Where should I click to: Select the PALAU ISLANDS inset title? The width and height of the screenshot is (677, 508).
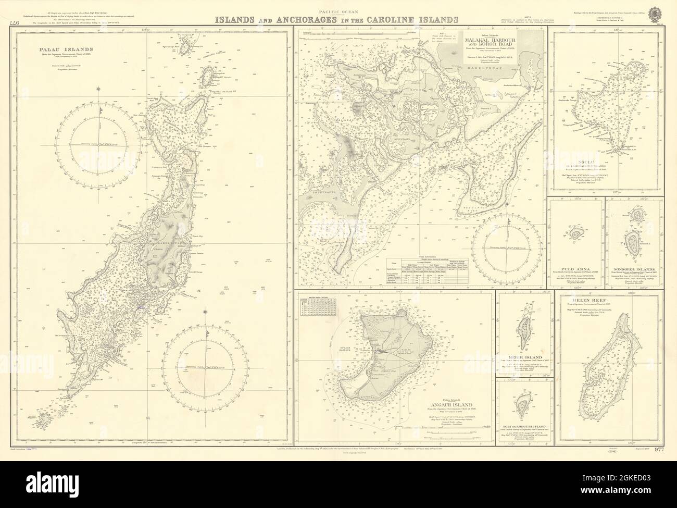pyautogui.click(x=59, y=51)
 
